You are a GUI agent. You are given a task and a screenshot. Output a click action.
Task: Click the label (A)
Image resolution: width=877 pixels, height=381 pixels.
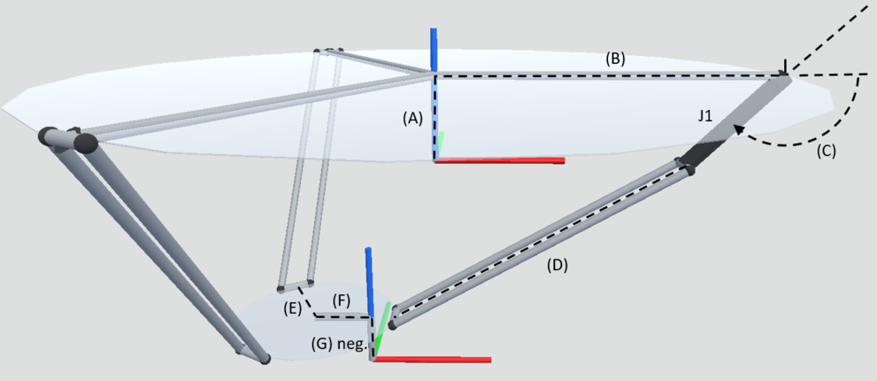pos(412,117)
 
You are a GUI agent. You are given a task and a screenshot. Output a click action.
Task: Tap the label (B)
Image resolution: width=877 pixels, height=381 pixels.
pos(615,60)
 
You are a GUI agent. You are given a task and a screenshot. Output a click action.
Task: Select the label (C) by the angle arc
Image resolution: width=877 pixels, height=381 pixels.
pos(825,151)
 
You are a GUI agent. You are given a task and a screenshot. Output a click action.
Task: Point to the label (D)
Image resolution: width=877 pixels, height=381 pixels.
pos(558,264)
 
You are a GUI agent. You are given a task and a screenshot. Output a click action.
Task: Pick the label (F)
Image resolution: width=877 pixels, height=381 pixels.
pos(342,301)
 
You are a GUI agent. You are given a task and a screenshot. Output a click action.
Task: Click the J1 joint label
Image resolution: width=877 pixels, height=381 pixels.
pos(705,116)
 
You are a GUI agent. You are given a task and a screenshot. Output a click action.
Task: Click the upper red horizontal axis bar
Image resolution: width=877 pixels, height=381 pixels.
pos(500,161)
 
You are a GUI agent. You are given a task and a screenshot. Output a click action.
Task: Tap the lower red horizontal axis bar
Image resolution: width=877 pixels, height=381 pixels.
pos(434,359)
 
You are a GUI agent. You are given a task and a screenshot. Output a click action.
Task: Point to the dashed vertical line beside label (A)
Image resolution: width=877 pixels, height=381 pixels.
pos(436,115)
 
